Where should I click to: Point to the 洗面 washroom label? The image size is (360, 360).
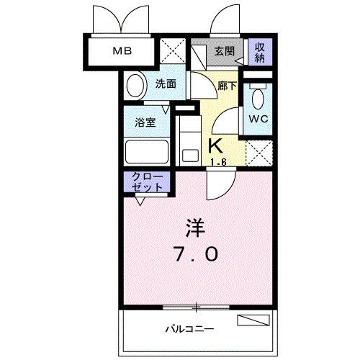coord(166,84)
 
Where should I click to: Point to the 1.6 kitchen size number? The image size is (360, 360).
coord(218,163)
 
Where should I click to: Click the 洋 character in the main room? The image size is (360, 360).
coord(196,229)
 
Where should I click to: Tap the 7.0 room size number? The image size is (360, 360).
coord(194,254)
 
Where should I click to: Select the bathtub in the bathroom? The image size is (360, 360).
coord(146,153)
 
